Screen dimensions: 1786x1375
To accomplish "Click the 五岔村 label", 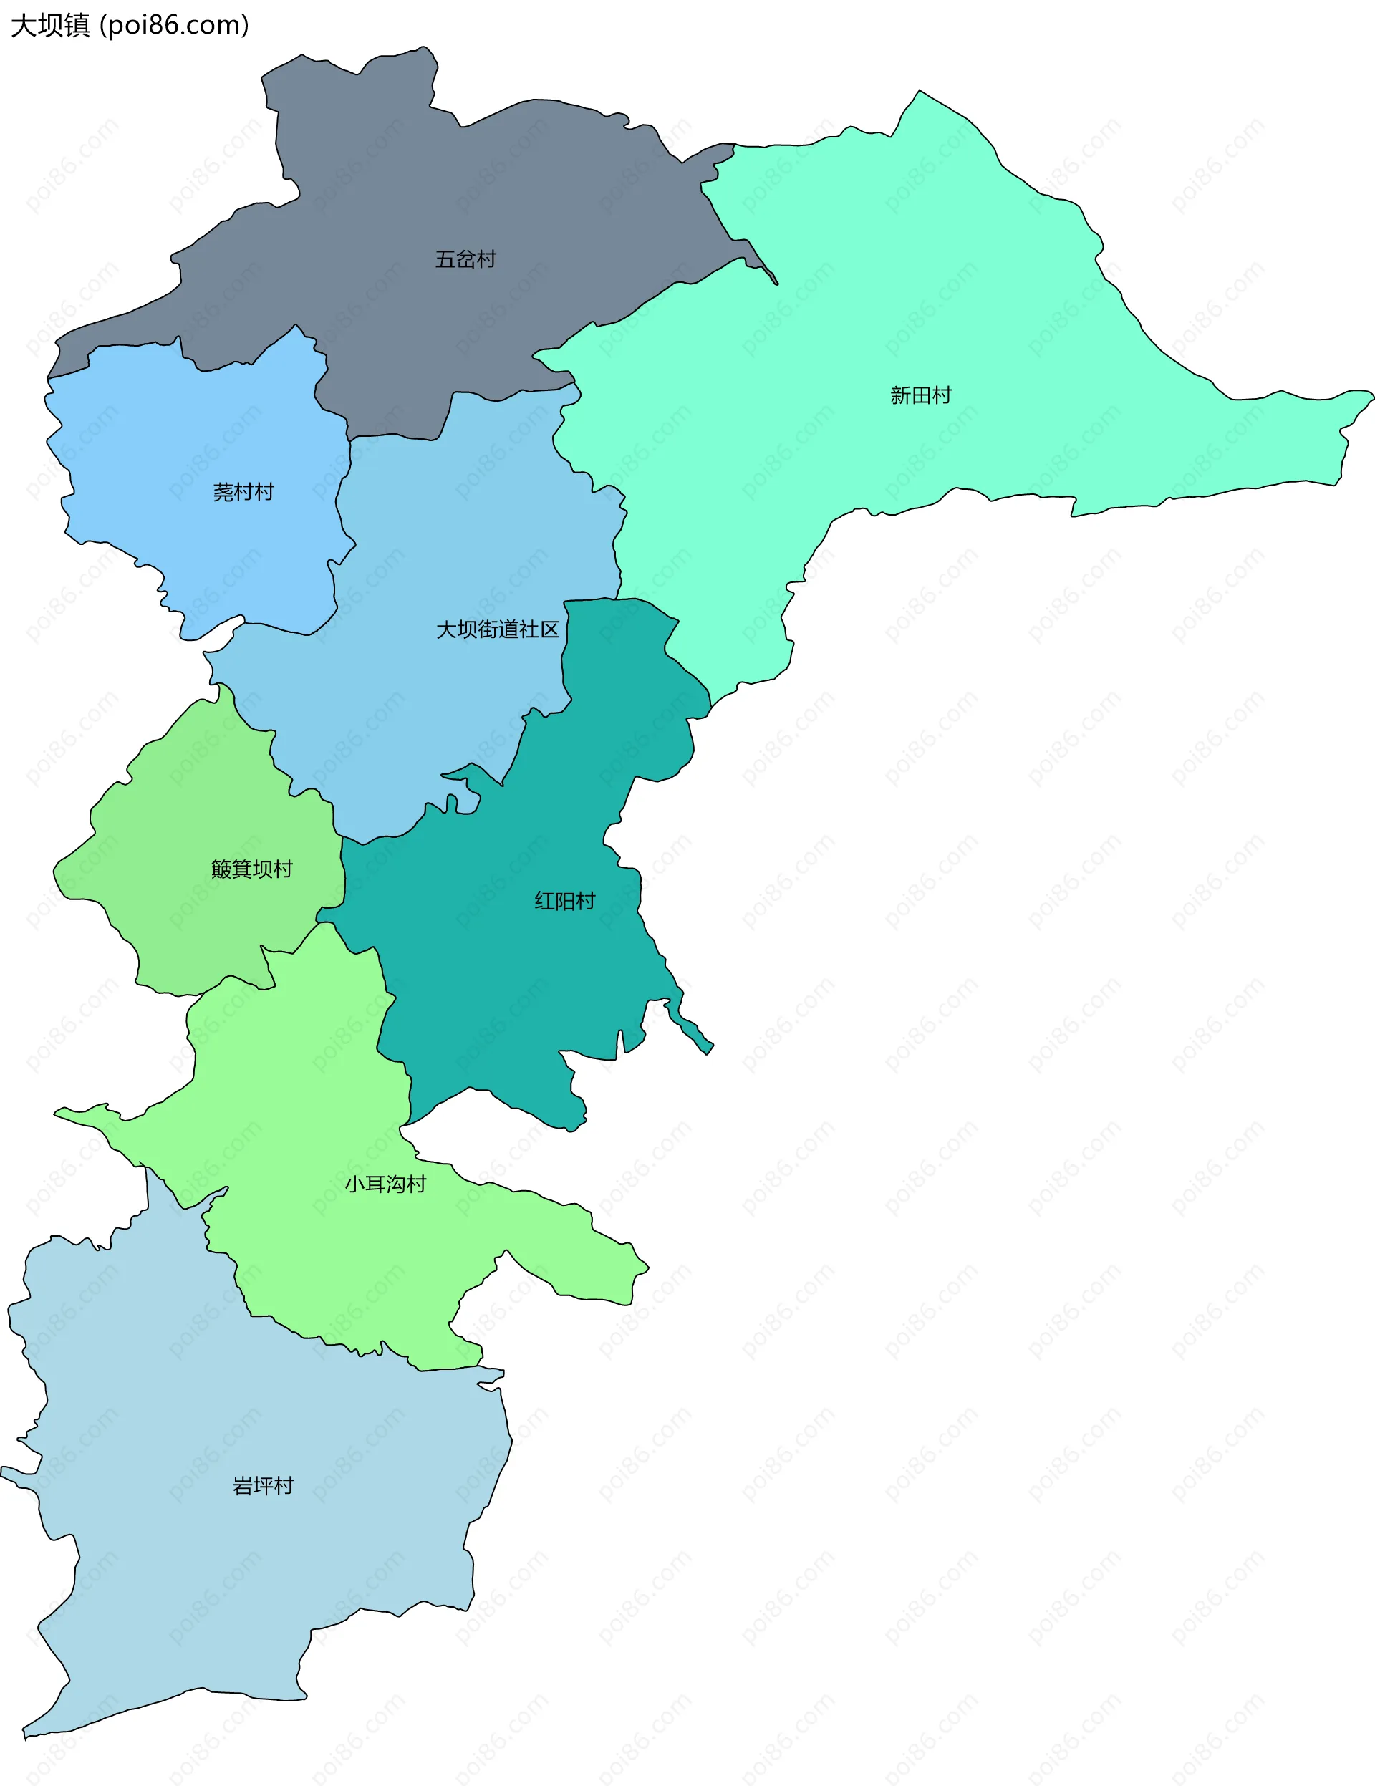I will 465,259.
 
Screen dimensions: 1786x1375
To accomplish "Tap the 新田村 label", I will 920,396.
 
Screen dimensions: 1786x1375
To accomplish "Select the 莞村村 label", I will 243,492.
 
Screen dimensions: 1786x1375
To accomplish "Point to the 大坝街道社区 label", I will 497,629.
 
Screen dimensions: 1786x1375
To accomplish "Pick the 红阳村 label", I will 564,901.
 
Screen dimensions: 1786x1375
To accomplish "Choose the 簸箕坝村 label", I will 251,869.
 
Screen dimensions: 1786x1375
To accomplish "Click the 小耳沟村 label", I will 385,1184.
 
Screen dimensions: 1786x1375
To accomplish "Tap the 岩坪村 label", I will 263,1486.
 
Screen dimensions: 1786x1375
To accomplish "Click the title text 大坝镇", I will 50,25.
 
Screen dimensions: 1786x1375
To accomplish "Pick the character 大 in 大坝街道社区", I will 445,629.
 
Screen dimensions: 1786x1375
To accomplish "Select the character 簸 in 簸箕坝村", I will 221,869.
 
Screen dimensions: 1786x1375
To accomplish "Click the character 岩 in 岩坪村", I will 242,1486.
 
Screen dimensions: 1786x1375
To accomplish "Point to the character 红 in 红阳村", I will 544,901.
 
